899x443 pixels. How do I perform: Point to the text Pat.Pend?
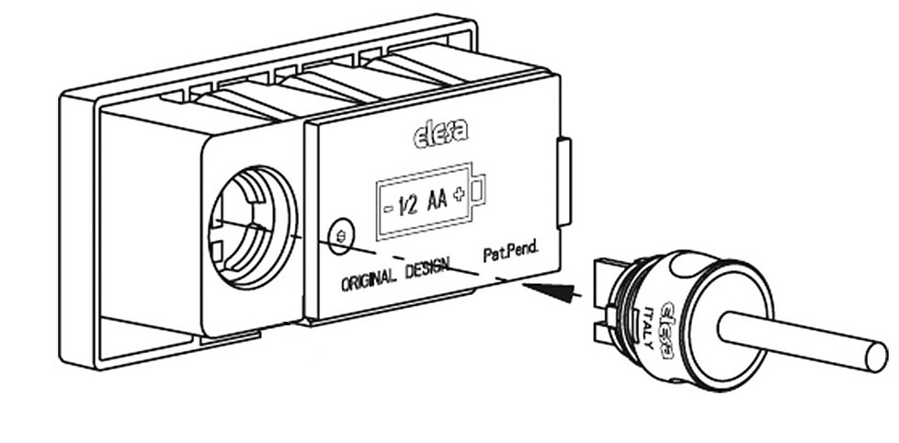coord(510,251)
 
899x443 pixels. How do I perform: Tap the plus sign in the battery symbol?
coord(457,195)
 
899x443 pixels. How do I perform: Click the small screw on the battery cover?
coord(342,235)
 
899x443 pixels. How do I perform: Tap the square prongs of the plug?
coord(601,293)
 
